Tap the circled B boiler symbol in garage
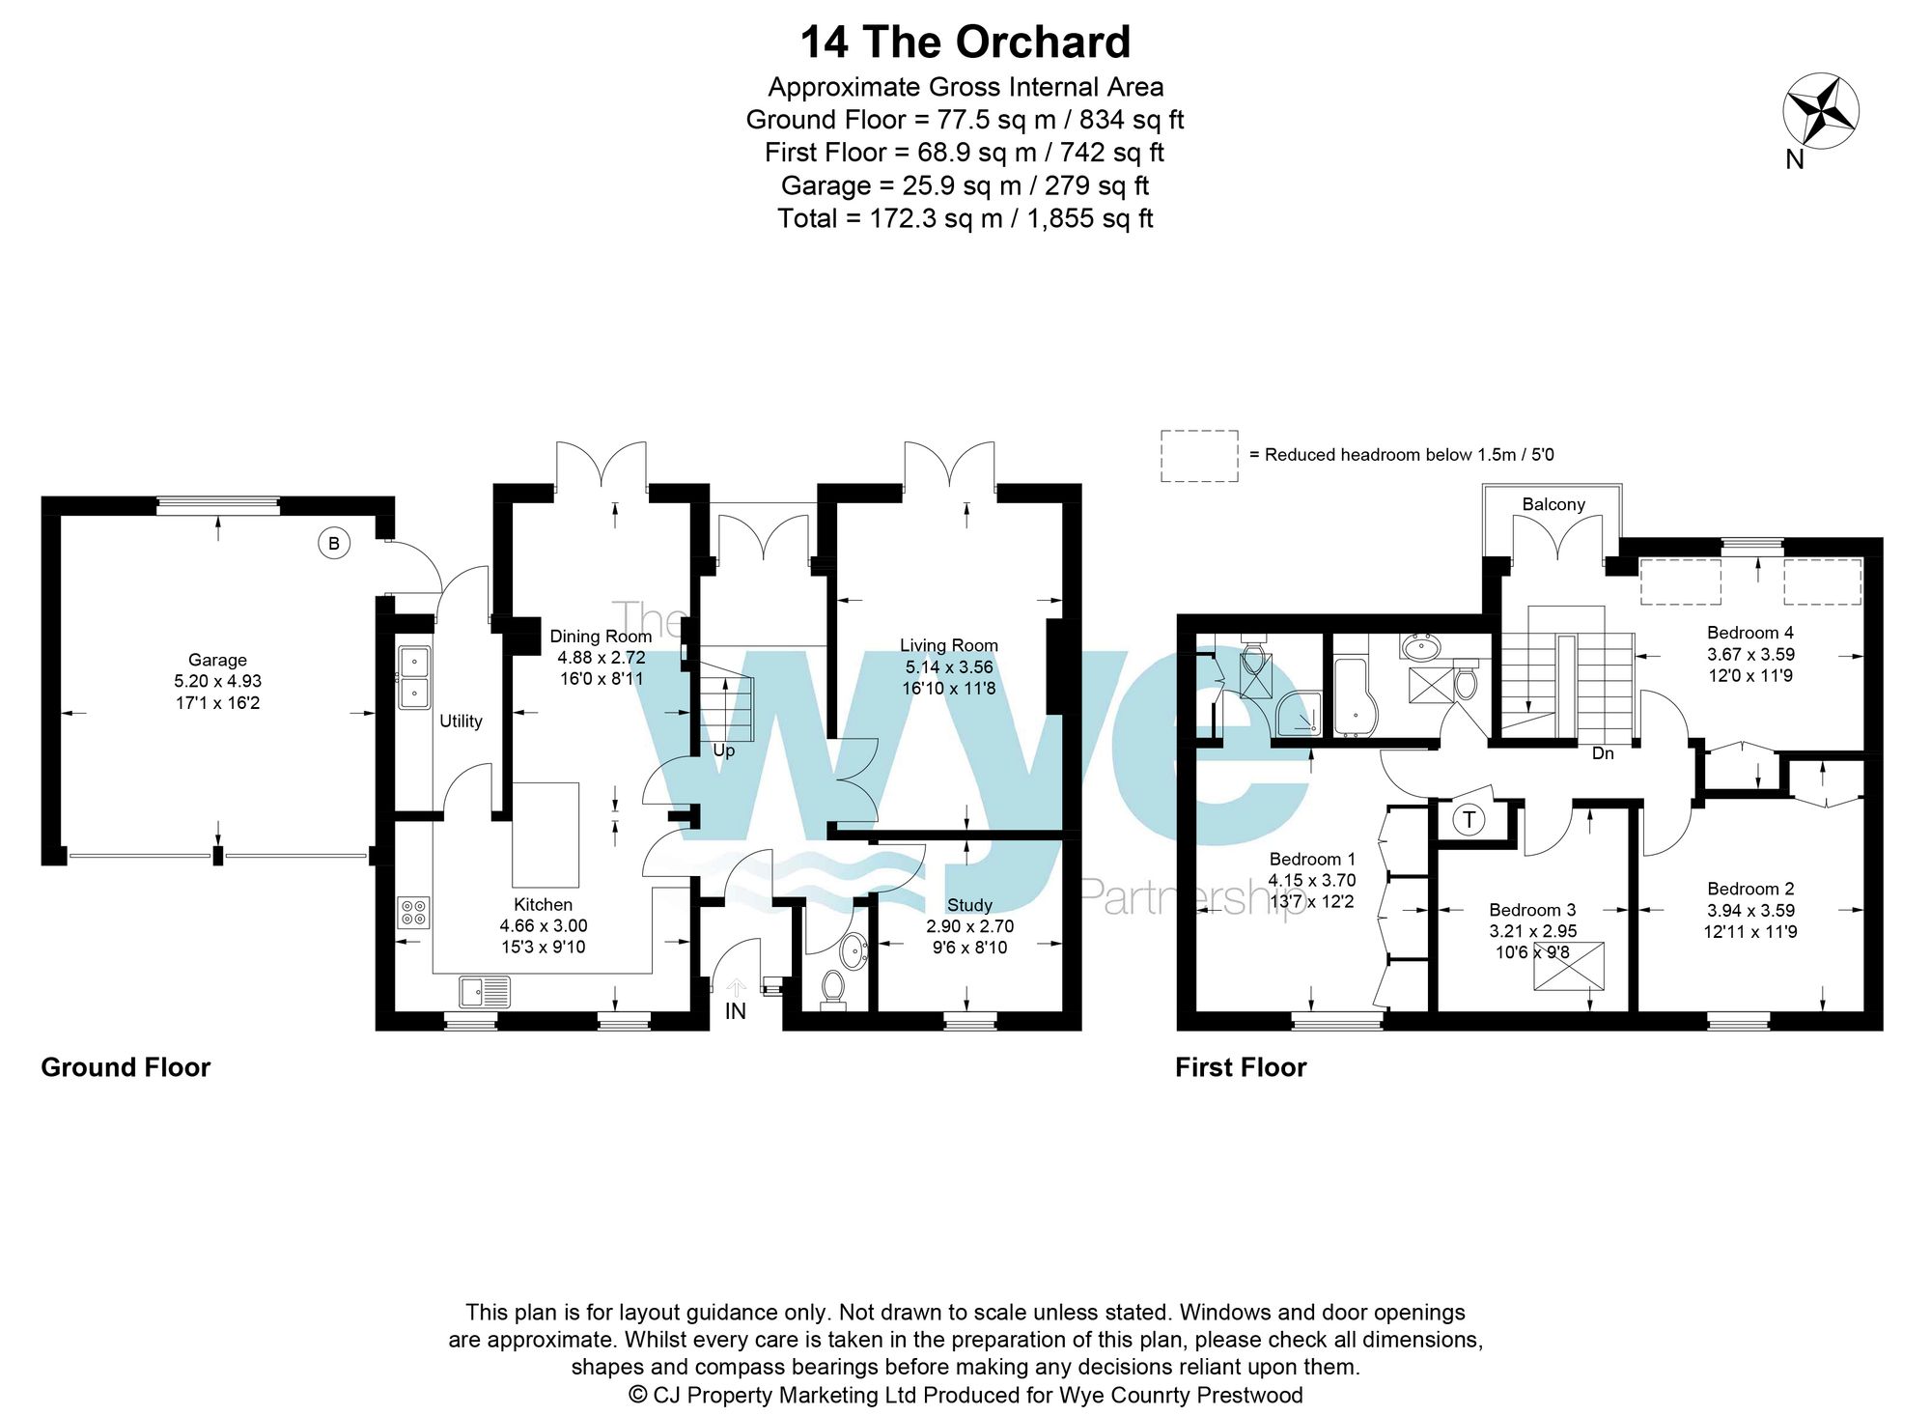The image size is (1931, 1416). pyautogui.click(x=334, y=544)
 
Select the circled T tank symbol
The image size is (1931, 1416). pyautogui.click(x=1469, y=821)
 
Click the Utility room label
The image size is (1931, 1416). pyautogui.click(x=461, y=722)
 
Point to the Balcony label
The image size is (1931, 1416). pyautogui.click(x=1553, y=504)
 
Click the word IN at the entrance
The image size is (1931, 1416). pyautogui.click(x=736, y=1011)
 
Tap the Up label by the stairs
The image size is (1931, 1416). pyautogui.click(x=723, y=750)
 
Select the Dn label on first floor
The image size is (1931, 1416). pyautogui.click(x=1603, y=753)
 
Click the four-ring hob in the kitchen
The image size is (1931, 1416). pyautogui.click(x=413, y=913)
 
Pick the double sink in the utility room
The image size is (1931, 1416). pyautogui.click(x=414, y=677)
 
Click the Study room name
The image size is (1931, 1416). pyautogui.click(x=969, y=905)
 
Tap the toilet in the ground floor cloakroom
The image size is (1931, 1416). pyautogui.click(x=832, y=989)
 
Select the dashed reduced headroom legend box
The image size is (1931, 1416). pyautogui.click(x=1199, y=456)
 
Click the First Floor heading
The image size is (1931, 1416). pyautogui.click(x=1241, y=1067)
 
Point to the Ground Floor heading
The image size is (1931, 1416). pyautogui.click(x=126, y=1067)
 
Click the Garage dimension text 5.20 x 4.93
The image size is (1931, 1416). pyautogui.click(x=217, y=681)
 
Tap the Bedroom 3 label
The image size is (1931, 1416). pyautogui.click(x=1532, y=910)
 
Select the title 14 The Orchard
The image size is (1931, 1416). pyautogui.click(x=965, y=42)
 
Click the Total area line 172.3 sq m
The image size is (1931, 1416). pyautogui.click(x=965, y=218)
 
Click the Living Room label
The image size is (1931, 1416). pyautogui.click(x=949, y=645)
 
